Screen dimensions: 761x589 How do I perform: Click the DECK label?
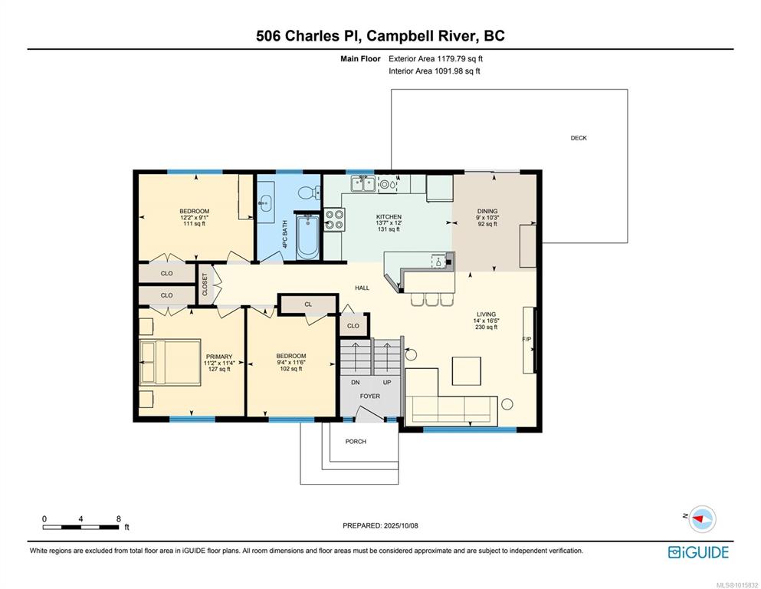click(x=579, y=138)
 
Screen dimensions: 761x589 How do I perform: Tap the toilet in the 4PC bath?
click(x=309, y=192)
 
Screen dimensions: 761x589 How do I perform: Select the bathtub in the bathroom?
click(x=307, y=236)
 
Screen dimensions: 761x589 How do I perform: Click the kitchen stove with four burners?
click(x=334, y=219)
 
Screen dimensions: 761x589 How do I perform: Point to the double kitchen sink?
click(x=363, y=184)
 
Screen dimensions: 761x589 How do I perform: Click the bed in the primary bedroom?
click(x=170, y=362)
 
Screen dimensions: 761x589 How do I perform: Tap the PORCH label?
click(x=356, y=442)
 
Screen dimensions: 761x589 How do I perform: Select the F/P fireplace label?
click(x=526, y=339)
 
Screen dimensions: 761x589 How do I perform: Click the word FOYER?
click(x=370, y=397)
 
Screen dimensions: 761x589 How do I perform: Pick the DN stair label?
click(x=356, y=383)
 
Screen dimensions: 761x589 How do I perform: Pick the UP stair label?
click(x=387, y=383)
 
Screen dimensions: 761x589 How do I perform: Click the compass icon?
click(x=702, y=518)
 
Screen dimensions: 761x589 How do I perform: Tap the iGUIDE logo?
click(x=698, y=552)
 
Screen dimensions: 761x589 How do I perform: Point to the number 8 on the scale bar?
click(x=119, y=518)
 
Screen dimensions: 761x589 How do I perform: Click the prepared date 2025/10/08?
click(x=401, y=525)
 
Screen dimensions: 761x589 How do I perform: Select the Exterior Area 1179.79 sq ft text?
click(x=435, y=59)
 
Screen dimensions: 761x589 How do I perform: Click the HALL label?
click(x=362, y=288)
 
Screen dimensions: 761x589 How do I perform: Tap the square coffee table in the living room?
click(x=467, y=371)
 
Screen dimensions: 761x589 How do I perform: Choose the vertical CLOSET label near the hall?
click(x=205, y=284)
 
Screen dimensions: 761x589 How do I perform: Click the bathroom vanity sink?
click(x=265, y=202)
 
